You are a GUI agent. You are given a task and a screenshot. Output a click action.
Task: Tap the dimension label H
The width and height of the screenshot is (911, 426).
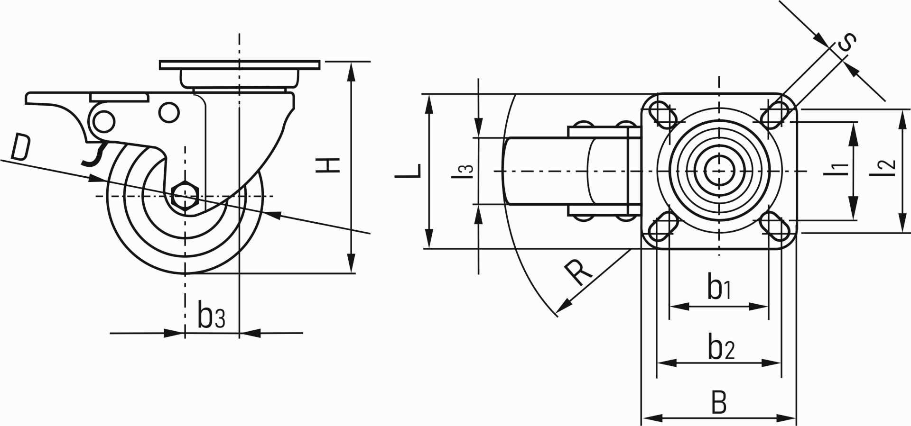329,164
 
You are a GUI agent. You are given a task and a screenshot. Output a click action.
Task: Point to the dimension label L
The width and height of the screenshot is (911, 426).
408,171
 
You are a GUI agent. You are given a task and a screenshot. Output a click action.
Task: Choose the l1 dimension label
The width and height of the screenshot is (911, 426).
837,169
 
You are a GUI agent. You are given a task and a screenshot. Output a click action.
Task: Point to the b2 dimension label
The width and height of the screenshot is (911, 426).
721,346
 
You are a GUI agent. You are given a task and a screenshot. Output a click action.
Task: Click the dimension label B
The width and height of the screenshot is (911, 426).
719,402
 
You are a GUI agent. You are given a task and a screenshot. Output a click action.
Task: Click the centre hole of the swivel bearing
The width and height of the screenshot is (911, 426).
719,171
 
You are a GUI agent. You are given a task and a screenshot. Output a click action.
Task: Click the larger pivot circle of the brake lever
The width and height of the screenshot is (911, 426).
103,122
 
